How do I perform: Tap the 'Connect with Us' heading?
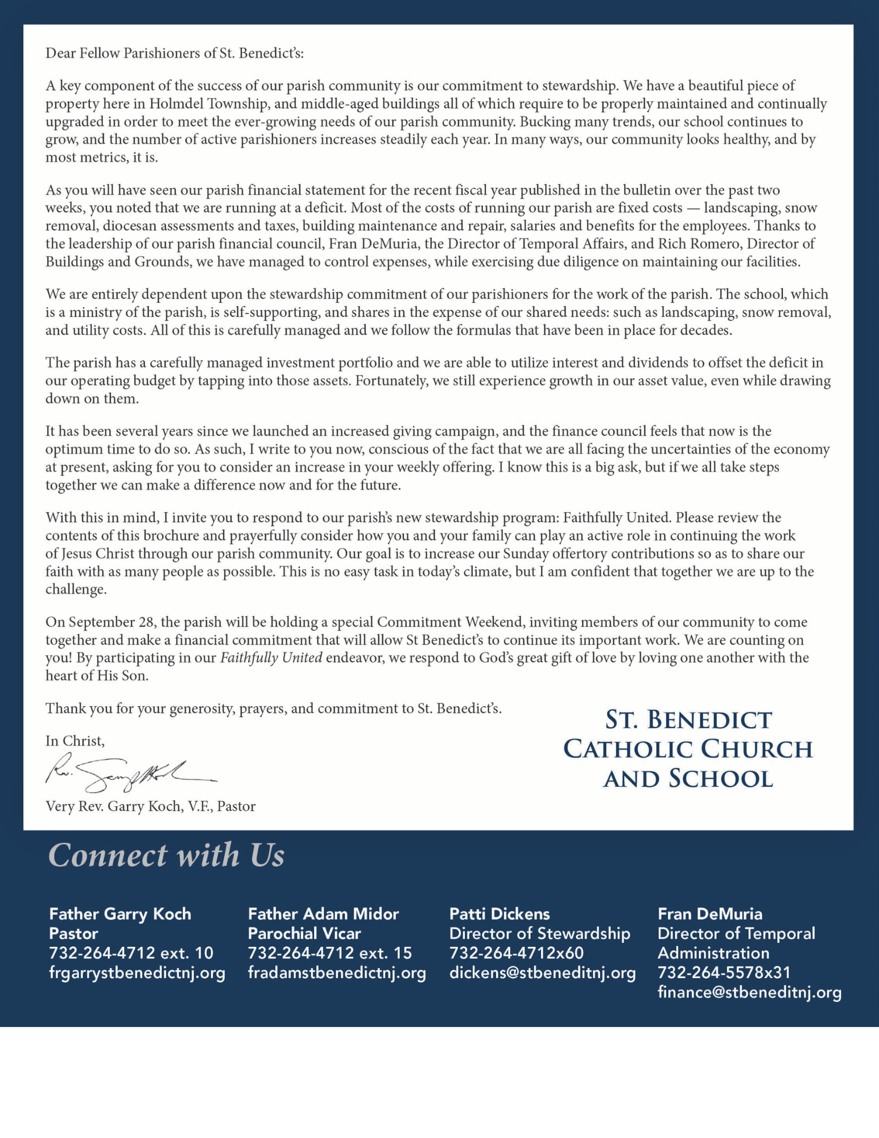coord(166,855)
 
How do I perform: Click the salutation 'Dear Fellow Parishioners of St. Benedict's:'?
coord(175,53)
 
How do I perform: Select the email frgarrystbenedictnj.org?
coord(137,972)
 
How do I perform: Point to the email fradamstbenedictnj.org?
coord(337,972)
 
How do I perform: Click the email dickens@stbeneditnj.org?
coord(542,972)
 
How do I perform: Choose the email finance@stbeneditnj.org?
coord(749,992)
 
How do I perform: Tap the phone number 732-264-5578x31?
coord(724,972)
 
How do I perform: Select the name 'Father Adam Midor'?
coord(323,914)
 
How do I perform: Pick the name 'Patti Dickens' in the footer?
coord(500,914)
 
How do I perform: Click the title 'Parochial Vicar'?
coord(304,934)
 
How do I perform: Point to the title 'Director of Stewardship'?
coord(539,934)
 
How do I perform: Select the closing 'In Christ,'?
coord(75,741)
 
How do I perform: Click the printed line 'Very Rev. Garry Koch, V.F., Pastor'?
coord(151,806)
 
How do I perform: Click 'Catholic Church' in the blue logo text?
coord(688,749)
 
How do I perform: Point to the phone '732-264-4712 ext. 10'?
coord(131,953)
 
